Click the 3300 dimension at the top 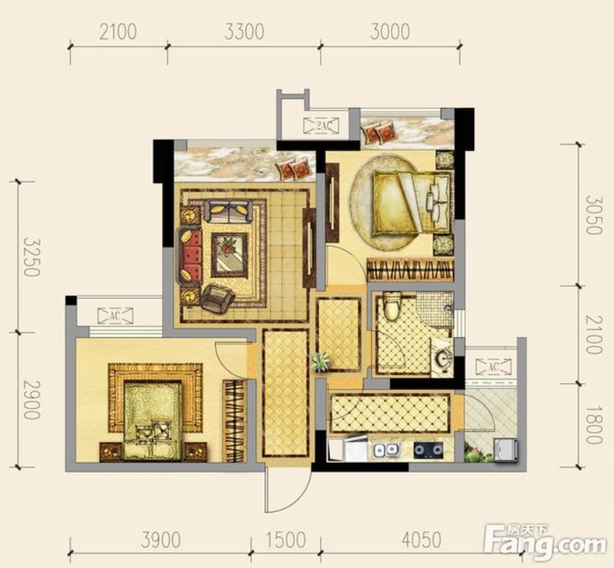coord(244,31)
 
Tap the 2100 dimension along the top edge coord(118,31)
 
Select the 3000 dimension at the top coord(390,31)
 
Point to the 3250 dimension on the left coord(32,257)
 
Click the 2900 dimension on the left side coord(32,400)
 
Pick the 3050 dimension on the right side coord(593,215)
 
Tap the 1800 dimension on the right coord(593,424)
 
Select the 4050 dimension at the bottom coord(421,540)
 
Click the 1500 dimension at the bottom coord(286,540)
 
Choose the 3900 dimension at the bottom coord(161,540)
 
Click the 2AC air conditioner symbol coord(321,125)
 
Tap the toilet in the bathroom coord(392,305)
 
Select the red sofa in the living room coord(190,255)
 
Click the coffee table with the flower coord(229,255)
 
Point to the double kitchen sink coord(386,450)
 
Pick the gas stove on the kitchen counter coord(428,450)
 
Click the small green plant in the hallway coord(320,362)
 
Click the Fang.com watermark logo coord(546,543)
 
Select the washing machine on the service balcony coord(506,451)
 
